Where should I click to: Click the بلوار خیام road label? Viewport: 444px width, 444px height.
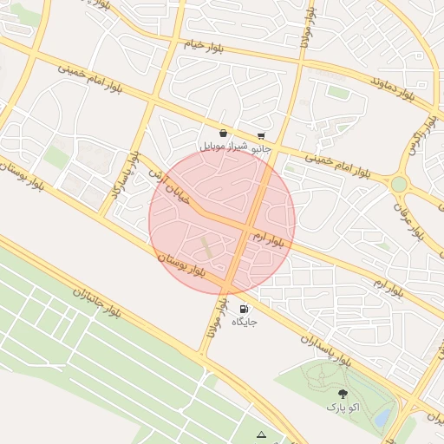(x=205, y=44)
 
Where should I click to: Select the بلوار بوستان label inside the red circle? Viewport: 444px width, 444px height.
(x=181, y=265)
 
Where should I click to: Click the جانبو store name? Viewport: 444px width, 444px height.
(x=260, y=148)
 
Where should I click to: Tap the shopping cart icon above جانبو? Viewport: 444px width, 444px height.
(x=261, y=135)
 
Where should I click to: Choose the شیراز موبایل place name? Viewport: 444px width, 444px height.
(x=224, y=147)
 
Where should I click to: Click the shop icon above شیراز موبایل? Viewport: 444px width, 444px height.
(x=224, y=134)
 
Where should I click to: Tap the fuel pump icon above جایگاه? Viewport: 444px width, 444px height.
(x=244, y=309)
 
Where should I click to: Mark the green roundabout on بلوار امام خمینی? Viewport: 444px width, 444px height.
(x=399, y=184)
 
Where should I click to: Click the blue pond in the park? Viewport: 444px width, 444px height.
(x=382, y=417)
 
